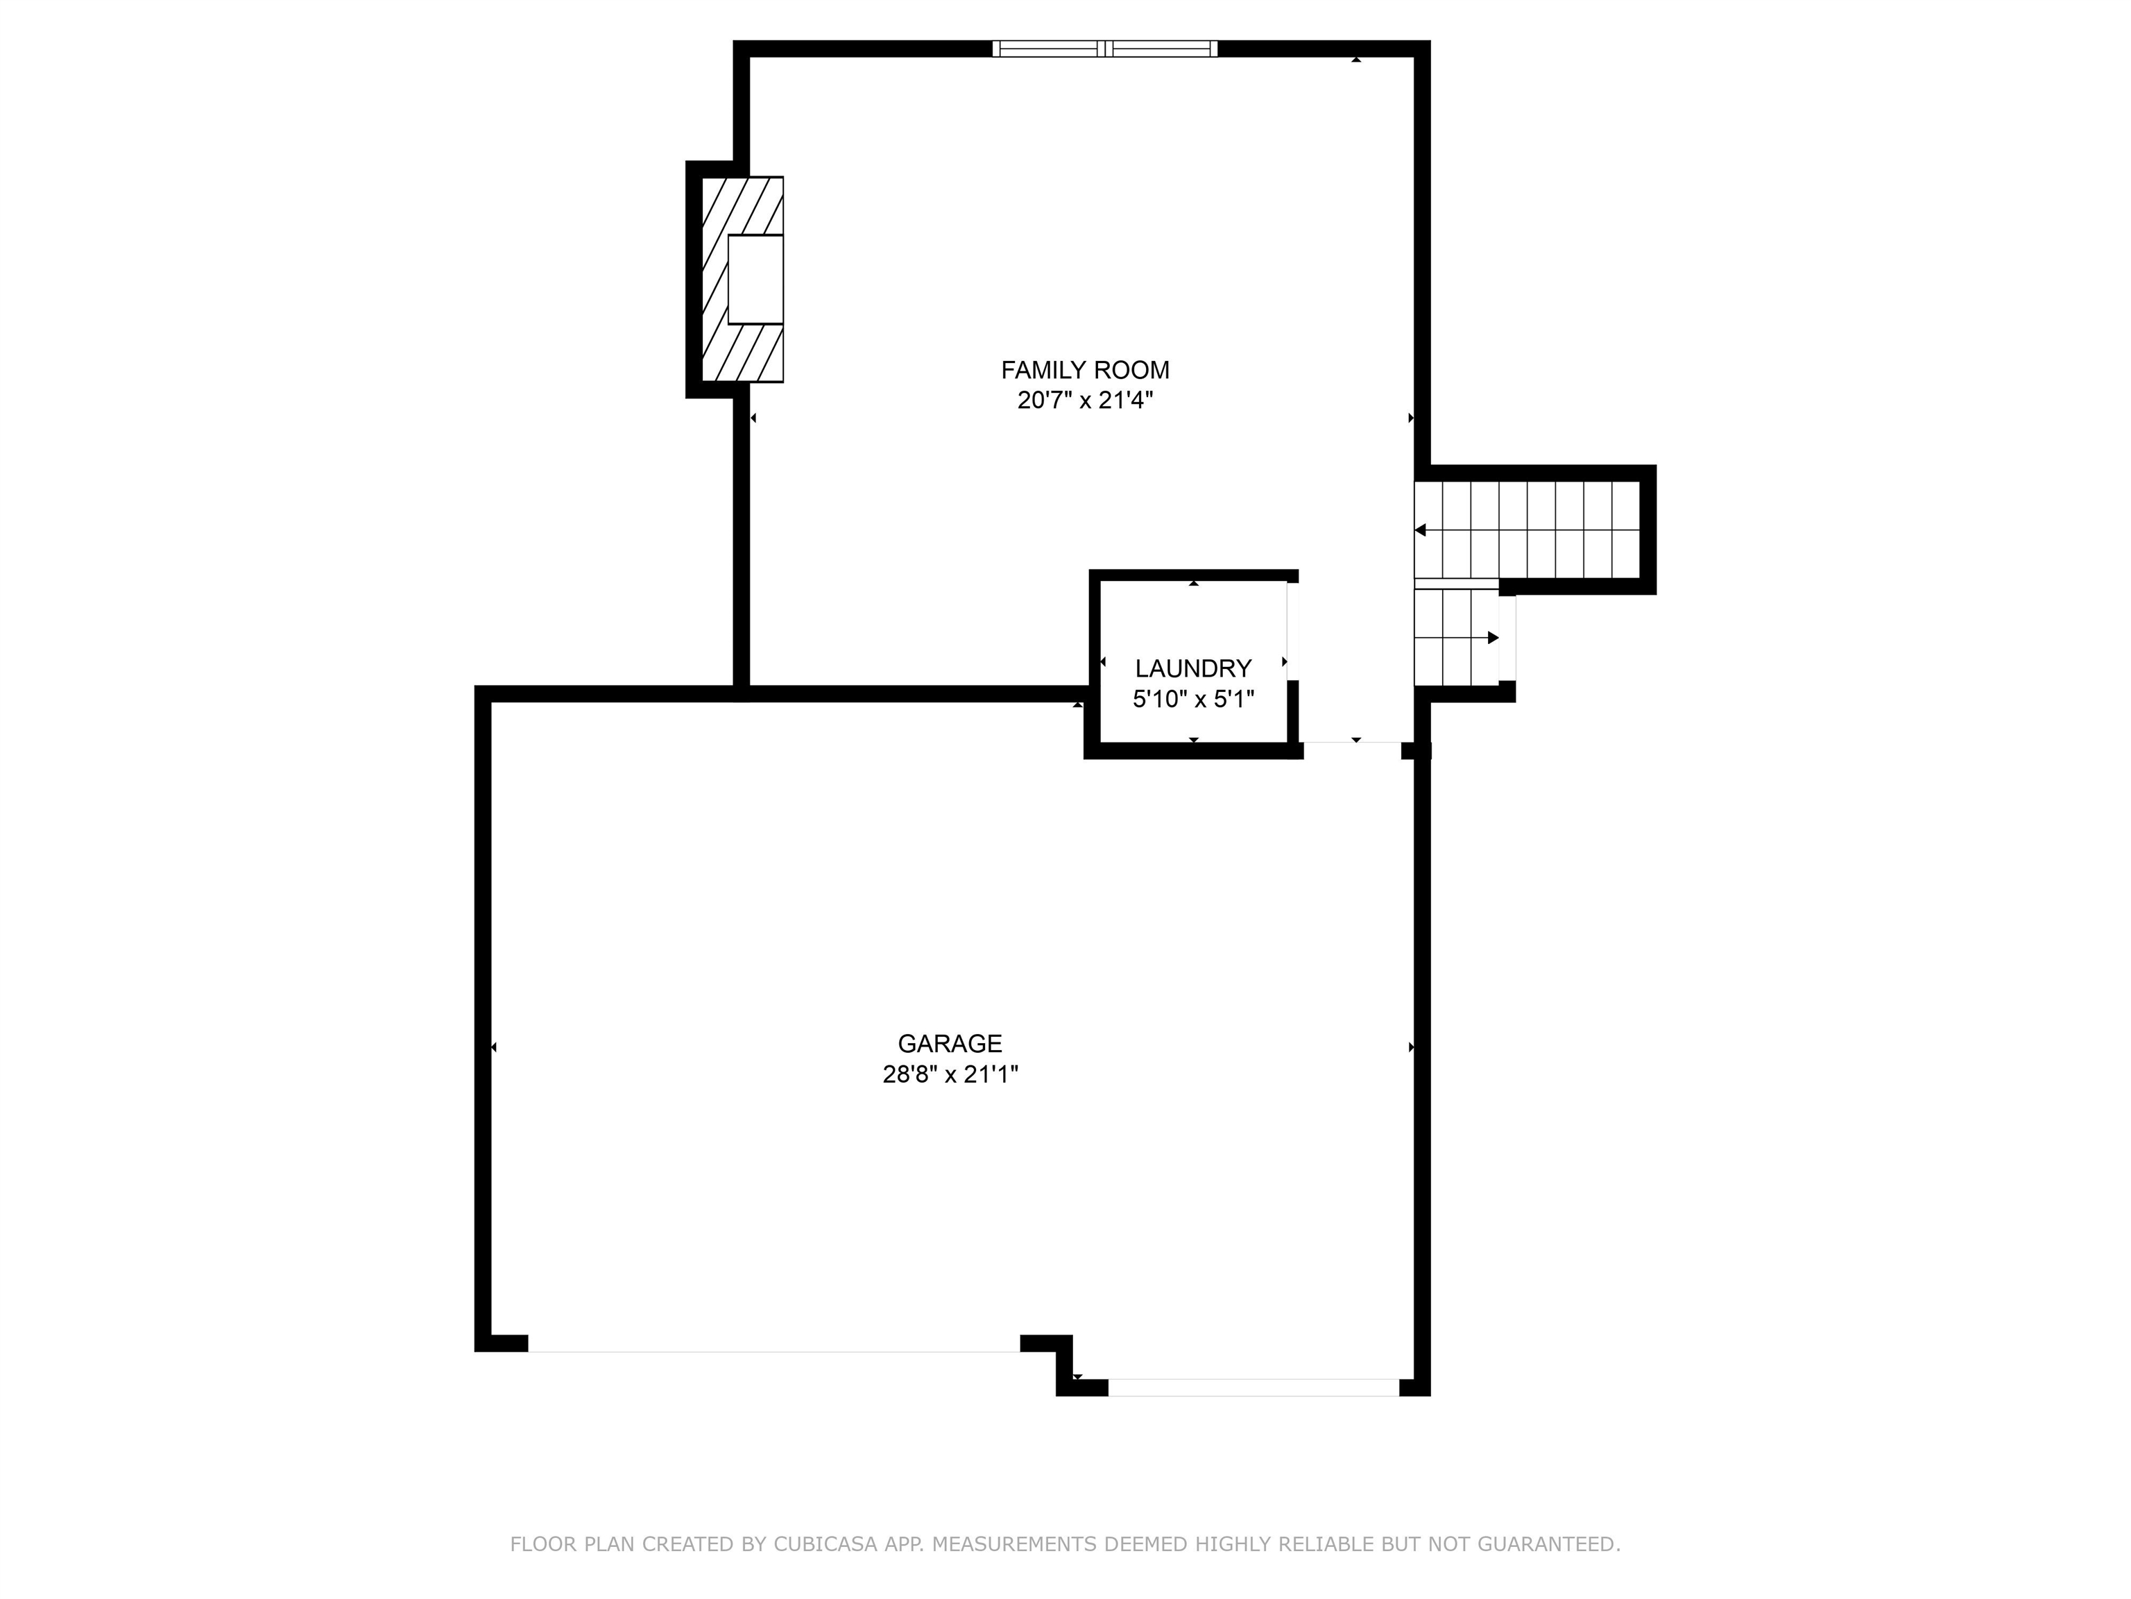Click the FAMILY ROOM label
[x=1085, y=370]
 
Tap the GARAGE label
[x=950, y=1044]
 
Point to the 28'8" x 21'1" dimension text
[x=950, y=1074]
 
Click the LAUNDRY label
[x=1192, y=669]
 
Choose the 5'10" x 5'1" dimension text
[x=1192, y=700]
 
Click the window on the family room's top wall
[x=1105, y=49]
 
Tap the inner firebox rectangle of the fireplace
[x=755, y=280]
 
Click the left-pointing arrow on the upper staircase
[x=1421, y=530]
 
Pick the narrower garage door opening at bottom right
[x=1253, y=1388]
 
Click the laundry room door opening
[x=1293, y=632]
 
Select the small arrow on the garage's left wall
[x=493, y=1048]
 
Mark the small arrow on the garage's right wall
[x=1412, y=1048]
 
